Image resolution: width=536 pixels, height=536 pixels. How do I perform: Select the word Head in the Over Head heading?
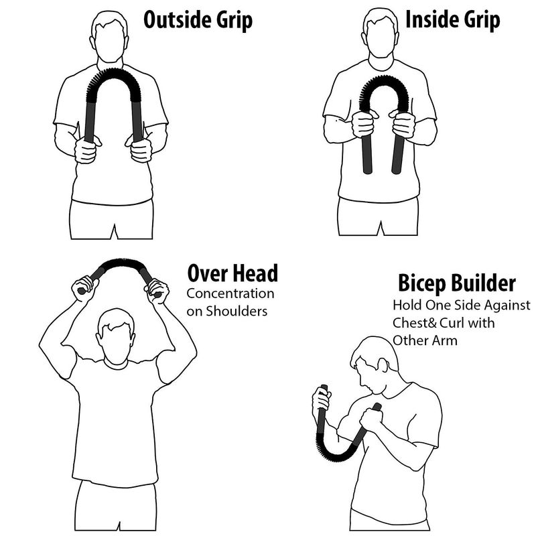[x=255, y=273]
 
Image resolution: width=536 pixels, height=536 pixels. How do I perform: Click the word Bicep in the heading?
[x=422, y=283]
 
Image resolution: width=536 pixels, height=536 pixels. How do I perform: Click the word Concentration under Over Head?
[x=230, y=293]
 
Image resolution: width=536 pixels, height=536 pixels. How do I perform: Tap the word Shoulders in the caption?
[x=237, y=312]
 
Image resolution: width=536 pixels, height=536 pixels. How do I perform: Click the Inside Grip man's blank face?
[x=380, y=38]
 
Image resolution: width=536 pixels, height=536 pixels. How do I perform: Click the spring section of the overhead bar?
[x=122, y=263]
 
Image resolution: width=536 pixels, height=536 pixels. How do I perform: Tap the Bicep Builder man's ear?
[x=383, y=365]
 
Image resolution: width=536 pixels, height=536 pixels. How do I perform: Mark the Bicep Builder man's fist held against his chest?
[x=371, y=418]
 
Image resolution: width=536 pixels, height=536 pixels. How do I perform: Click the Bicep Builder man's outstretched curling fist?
[x=322, y=401]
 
